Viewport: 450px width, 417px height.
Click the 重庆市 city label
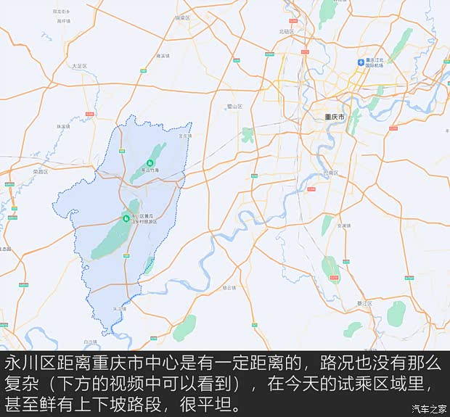coord(335,117)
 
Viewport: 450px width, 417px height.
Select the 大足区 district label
coord(79,66)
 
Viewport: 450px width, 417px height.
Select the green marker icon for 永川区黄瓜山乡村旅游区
coord(126,218)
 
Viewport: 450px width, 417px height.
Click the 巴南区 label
coord(330,174)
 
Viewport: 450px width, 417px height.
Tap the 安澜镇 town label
coord(344,226)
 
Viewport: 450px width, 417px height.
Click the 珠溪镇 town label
coord(63,126)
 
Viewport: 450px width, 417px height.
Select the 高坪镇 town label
coord(64,21)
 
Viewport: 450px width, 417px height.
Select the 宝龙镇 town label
coord(186,136)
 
